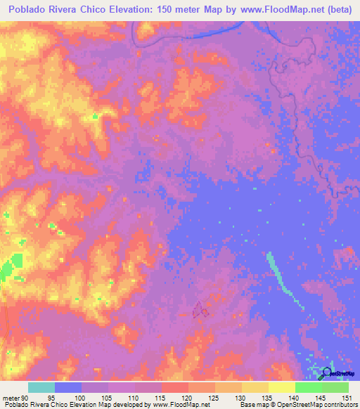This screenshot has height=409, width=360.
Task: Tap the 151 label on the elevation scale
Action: (x=347, y=398)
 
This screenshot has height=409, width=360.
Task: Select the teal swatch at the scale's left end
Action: (x=41, y=387)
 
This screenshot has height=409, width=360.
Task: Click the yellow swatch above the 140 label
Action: (x=282, y=387)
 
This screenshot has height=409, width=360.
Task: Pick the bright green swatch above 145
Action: (x=309, y=387)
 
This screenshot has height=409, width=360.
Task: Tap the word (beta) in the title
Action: (x=336, y=9)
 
